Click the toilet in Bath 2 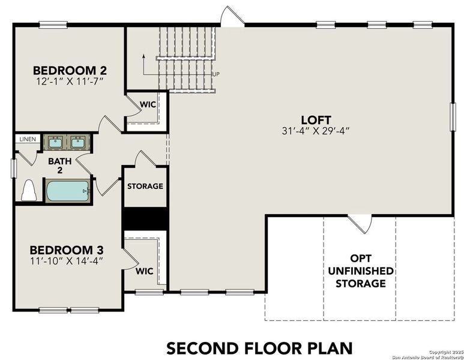pos(28,191)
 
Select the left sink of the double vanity pos(54,142)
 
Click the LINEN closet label pos(27,139)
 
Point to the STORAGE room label pos(145,186)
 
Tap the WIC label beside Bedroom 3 pos(145,271)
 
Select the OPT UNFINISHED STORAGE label pos(360,271)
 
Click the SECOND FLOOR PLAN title pos(259,347)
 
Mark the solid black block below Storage pos(145,218)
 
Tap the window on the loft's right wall pos(453,116)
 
